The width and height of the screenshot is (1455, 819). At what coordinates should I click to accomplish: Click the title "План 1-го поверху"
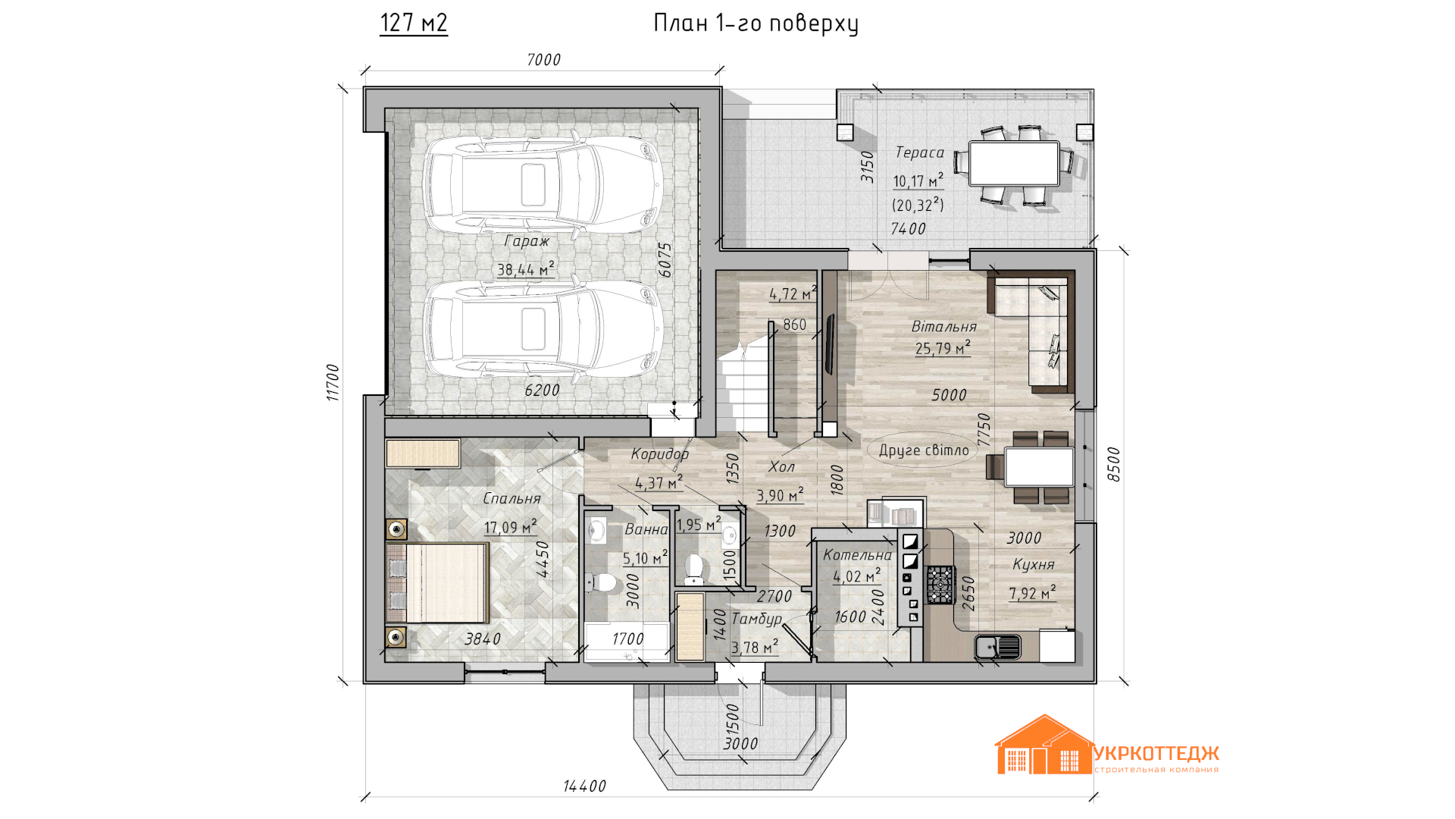click(x=756, y=24)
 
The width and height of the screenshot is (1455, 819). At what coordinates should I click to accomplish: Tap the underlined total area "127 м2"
click(x=414, y=23)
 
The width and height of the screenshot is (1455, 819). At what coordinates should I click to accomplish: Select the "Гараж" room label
click(x=527, y=241)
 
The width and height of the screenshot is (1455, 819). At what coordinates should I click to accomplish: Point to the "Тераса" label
click(x=920, y=152)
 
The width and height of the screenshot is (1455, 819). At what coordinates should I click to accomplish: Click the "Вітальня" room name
click(x=944, y=327)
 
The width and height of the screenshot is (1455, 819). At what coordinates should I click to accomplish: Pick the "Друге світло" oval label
click(x=924, y=450)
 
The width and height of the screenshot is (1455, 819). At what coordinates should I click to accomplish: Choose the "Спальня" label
click(x=512, y=499)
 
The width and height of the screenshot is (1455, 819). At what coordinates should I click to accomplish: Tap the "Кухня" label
click(x=1034, y=565)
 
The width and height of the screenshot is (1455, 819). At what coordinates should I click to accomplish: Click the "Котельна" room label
click(x=857, y=555)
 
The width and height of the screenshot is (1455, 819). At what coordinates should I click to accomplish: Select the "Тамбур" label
click(x=756, y=619)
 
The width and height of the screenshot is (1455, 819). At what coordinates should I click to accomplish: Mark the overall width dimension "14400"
click(x=585, y=786)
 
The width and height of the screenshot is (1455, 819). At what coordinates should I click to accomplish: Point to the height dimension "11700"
click(x=333, y=382)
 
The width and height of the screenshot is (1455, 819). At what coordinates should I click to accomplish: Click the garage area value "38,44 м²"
click(x=526, y=269)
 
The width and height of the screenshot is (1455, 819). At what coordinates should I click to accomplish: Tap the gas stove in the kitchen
click(x=940, y=585)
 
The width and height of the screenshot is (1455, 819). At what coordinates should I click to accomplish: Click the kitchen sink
click(x=997, y=647)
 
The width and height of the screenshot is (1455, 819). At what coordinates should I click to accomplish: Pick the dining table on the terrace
click(x=1014, y=164)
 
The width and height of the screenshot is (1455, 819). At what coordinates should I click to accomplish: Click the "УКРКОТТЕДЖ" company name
click(x=1156, y=753)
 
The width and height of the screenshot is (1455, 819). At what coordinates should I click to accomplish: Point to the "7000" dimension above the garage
click(x=544, y=60)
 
